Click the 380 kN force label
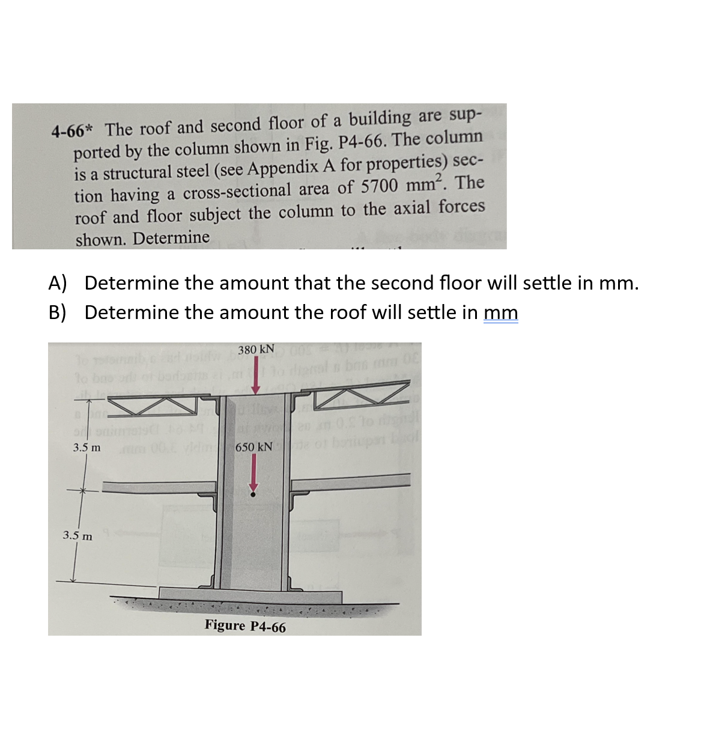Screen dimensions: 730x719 tap(256, 350)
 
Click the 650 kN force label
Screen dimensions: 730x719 tap(255, 448)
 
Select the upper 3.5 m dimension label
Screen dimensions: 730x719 tap(86, 448)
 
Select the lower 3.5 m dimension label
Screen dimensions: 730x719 tap(78, 535)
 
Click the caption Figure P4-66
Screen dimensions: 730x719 tap(245, 626)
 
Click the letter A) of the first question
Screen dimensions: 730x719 tap(58, 282)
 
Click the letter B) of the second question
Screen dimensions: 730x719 tap(58, 312)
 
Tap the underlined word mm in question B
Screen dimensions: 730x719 tap(500, 312)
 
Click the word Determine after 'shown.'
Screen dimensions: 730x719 tap(171, 239)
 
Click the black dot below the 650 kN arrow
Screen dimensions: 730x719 tap(253, 494)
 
